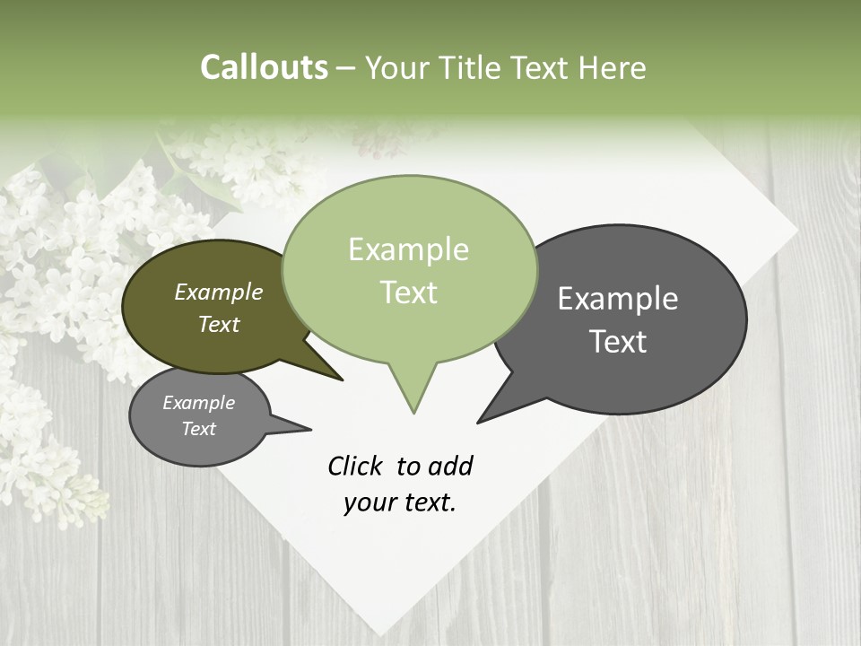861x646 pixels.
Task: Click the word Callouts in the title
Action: [264, 67]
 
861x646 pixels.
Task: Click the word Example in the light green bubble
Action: [408, 249]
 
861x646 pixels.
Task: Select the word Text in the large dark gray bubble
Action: [619, 342]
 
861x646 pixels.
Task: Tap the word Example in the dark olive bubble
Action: [219, 292]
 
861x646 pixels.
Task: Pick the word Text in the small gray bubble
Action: [198, 429]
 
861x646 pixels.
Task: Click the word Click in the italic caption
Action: [357, 466]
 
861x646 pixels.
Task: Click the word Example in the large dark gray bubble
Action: [618, 298]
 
